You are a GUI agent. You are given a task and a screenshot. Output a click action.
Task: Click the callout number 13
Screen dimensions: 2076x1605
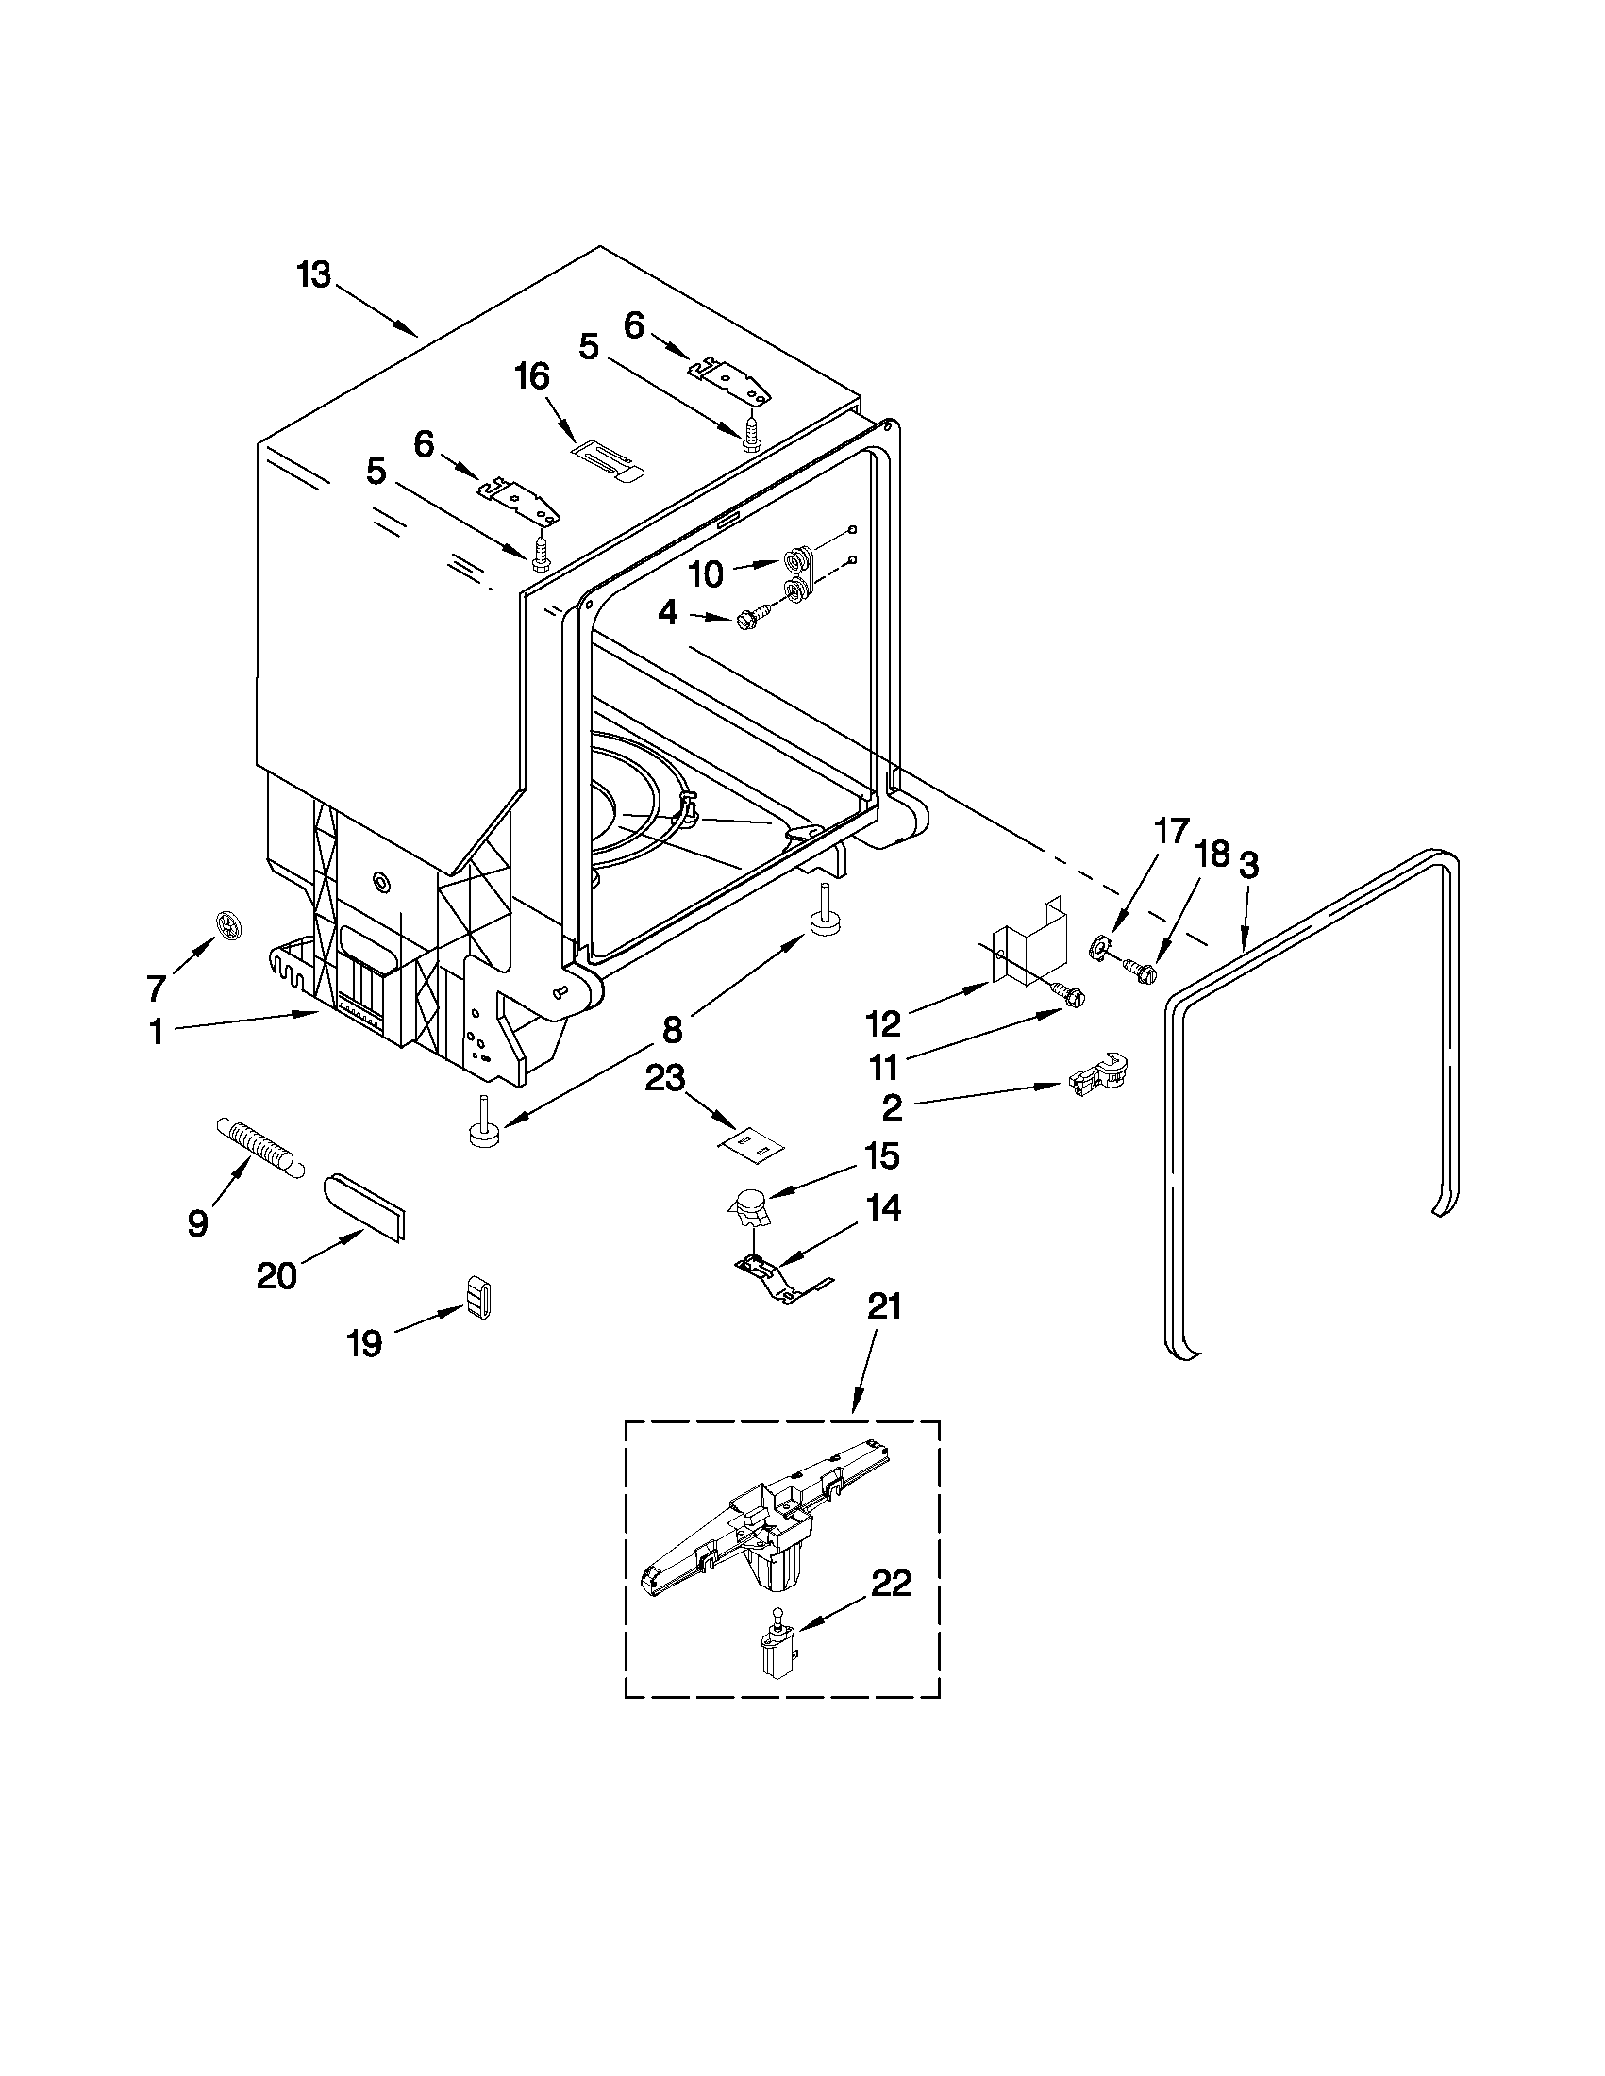pyautogui.click(x=313, y=275)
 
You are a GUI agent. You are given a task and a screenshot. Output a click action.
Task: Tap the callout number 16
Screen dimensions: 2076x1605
pyautogui.click(x=532, y=377)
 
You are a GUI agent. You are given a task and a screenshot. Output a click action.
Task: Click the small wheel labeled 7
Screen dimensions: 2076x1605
pyautogui.click(x=229, y=922)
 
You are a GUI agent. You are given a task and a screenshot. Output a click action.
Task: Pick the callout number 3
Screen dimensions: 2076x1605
pyautogui.click(x=1248, y=866)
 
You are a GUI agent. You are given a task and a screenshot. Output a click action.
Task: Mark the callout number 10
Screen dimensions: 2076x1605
pyautogui.click(x=706, y=574)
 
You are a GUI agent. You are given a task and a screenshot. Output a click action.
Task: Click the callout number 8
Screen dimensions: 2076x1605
pyautogui.click(x=672, y=1028)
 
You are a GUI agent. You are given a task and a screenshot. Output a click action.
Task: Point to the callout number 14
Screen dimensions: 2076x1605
pyautogui.click(x=883, y=1209)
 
